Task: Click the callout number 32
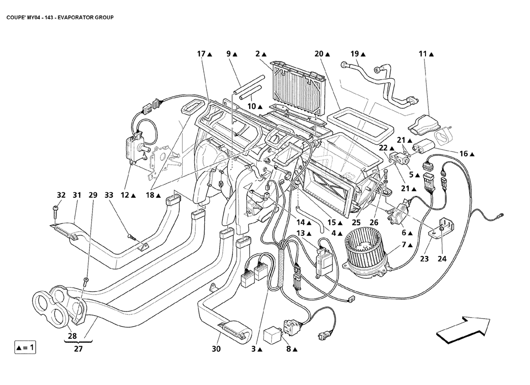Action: coord(61,195)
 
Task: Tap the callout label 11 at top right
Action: coord(423,54)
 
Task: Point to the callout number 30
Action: coord(216,349)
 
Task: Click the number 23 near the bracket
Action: coord(424,258)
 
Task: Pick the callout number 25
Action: coord(356,223)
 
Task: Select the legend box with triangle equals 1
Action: coord(25,347)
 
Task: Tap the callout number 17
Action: coord(201,54)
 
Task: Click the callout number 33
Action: coord(108,195)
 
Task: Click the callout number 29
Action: coord(93,195)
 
